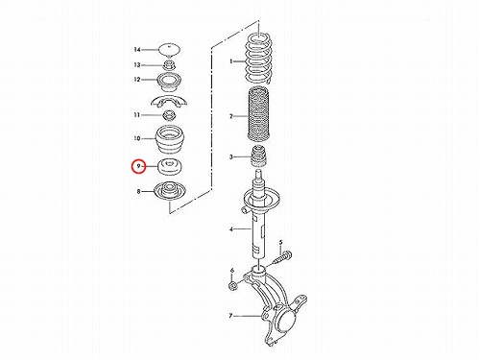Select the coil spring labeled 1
pos(258,59)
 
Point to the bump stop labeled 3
pos(258,156)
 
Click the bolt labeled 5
pos(283,258)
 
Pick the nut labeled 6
pos(233,285)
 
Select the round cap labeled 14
pos(170,50)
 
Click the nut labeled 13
pos(170,65)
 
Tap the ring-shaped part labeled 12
pos(169,83)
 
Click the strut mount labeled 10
pos(169,140)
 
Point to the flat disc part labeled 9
pos(170,167)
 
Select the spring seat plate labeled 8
pos(169,191)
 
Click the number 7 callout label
pos(230,316)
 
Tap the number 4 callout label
pos(231,229)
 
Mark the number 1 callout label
pos(231,60)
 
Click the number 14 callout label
pos(137,50)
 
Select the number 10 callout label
pos(137,138)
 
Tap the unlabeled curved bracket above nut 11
pos(169,102)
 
